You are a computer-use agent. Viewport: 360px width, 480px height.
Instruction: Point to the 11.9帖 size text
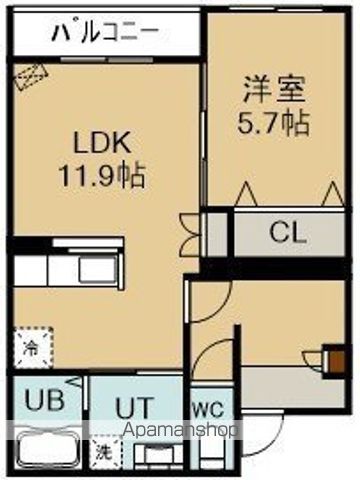pos(103,177)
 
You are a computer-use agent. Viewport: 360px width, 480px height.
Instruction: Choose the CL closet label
pos(287,234)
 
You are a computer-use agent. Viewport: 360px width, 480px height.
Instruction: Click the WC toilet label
pos(208,408)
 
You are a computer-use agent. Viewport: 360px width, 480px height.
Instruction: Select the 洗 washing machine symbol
pos(102,452)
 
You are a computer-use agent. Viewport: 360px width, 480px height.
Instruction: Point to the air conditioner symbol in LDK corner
pos(29,77)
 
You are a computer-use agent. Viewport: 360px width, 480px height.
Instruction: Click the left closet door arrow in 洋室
pos(244,193)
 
